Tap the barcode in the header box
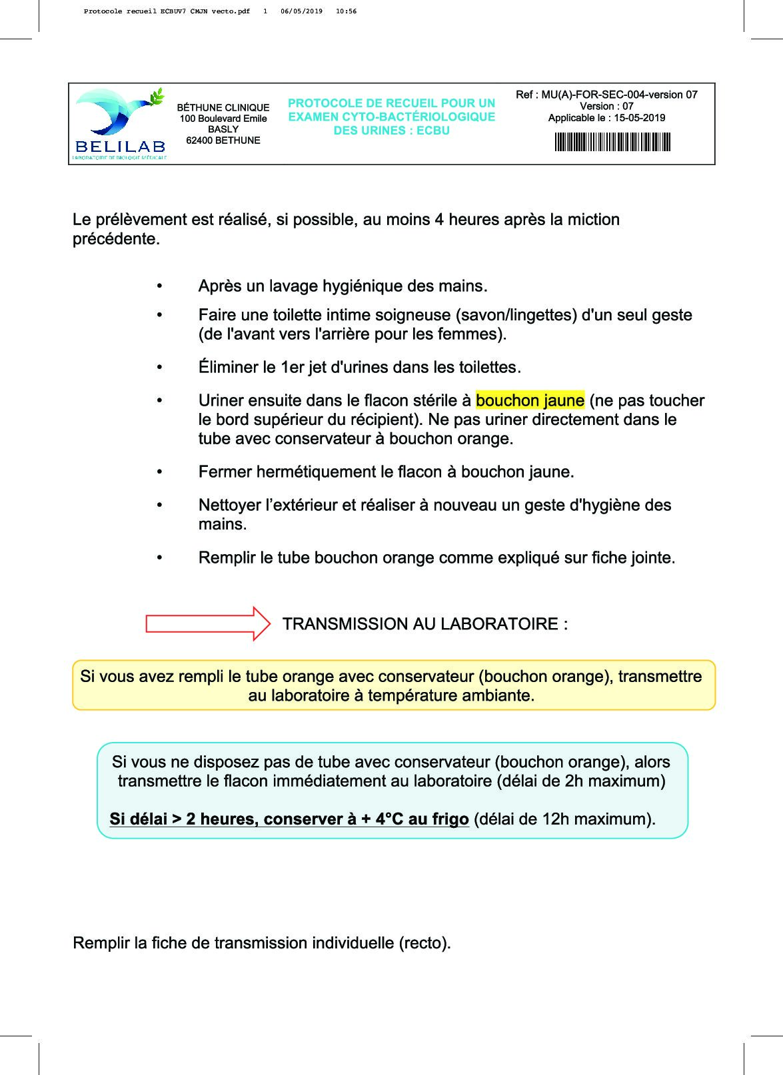(612, 142)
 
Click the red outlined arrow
(207, 624)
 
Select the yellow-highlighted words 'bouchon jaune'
(530, 400)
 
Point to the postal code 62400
(200, 141)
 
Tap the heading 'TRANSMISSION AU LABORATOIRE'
(424, 624)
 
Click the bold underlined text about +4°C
(289, 819)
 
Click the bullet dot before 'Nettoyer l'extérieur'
(159, 505)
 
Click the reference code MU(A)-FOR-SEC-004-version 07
(619, 95)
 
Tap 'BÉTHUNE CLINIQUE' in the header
(223, 107)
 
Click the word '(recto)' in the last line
(424, 943)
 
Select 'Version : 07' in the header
(606, 106)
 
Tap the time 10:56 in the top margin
(347, 11)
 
